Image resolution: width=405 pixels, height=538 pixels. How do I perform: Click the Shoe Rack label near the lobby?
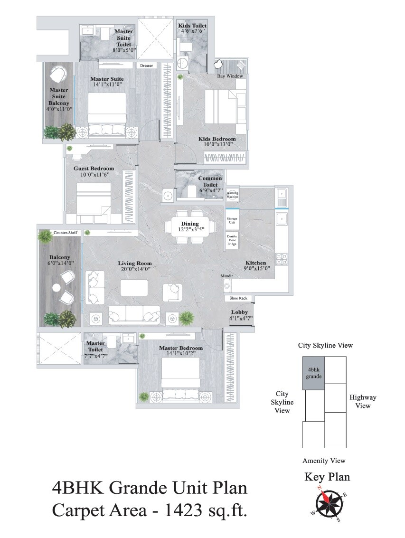238,298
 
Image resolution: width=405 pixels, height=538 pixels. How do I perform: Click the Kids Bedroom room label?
217,139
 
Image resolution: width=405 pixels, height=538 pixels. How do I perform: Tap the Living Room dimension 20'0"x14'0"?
135,269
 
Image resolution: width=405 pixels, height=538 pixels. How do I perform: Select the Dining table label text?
189,224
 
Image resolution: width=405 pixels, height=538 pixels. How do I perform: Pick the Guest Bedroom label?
94,169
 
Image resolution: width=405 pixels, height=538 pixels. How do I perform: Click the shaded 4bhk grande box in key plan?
314,373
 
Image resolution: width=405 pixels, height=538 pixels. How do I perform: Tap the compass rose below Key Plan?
328,504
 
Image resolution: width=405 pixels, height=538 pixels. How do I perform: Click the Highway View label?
363,401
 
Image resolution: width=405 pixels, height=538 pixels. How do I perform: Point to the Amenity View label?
324,461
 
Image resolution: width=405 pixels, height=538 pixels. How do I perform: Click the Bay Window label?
230,76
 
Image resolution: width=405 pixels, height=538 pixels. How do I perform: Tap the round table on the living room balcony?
57,287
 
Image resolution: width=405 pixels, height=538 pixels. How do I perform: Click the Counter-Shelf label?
65,233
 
